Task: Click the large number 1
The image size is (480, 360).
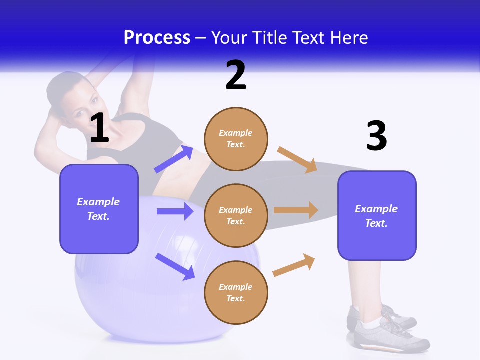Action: pos(99,128)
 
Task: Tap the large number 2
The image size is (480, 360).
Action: pos(236,75)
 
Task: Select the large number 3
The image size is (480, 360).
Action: pos(376,136)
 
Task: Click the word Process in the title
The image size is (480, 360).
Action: pos(157,37)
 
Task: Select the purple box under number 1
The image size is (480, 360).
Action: pos(99,209)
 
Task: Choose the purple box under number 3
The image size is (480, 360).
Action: pos(377,215)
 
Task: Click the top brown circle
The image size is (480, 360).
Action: pos(236,139)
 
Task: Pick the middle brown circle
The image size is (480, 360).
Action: pos(236,215)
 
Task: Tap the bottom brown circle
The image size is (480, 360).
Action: pos(236,292)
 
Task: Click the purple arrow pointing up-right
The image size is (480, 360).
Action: pos(174,159)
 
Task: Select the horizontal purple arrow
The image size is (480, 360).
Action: pos(175,211)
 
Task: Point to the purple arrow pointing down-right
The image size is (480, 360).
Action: pos(175,266)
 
